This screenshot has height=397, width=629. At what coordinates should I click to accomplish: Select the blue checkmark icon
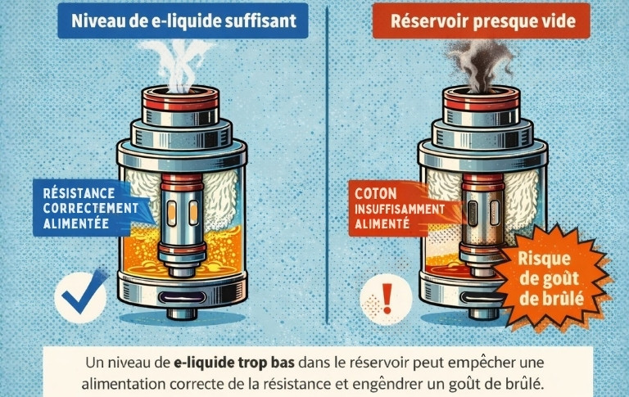(x=82, y=293)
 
